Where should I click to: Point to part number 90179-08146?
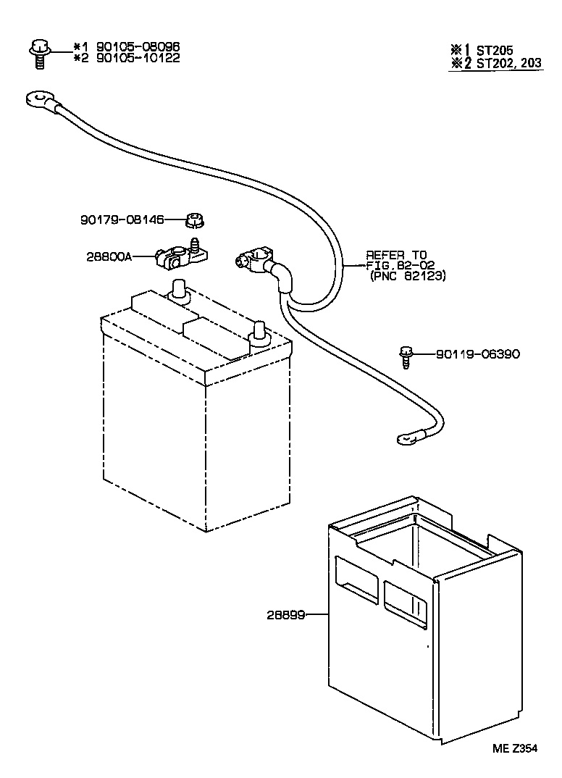(122, 218)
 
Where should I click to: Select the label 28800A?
(109, 256)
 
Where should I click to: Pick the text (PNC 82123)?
(407, 276)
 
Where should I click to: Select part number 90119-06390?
(477, 354)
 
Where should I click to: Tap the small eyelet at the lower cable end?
(405, 438)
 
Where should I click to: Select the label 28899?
(285, 614)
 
